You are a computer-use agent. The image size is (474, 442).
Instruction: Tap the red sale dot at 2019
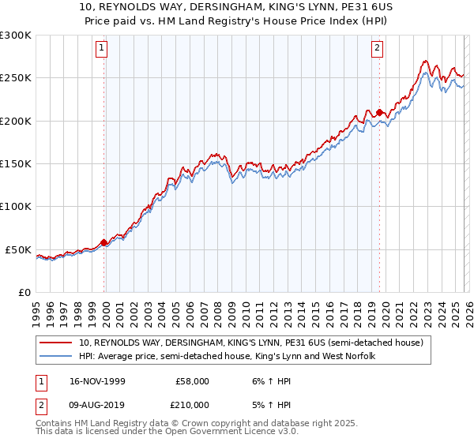pos(379,112)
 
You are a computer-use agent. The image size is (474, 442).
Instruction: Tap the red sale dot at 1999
pos(104,242)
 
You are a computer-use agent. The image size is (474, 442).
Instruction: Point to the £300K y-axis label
pos(16,36)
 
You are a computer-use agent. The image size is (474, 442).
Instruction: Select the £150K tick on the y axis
pos(16,163)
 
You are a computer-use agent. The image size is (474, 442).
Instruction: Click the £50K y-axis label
pos(19,249)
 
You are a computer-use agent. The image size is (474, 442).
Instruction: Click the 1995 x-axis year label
pos(36,312)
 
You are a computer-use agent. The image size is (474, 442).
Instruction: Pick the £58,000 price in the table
pos(192,380)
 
